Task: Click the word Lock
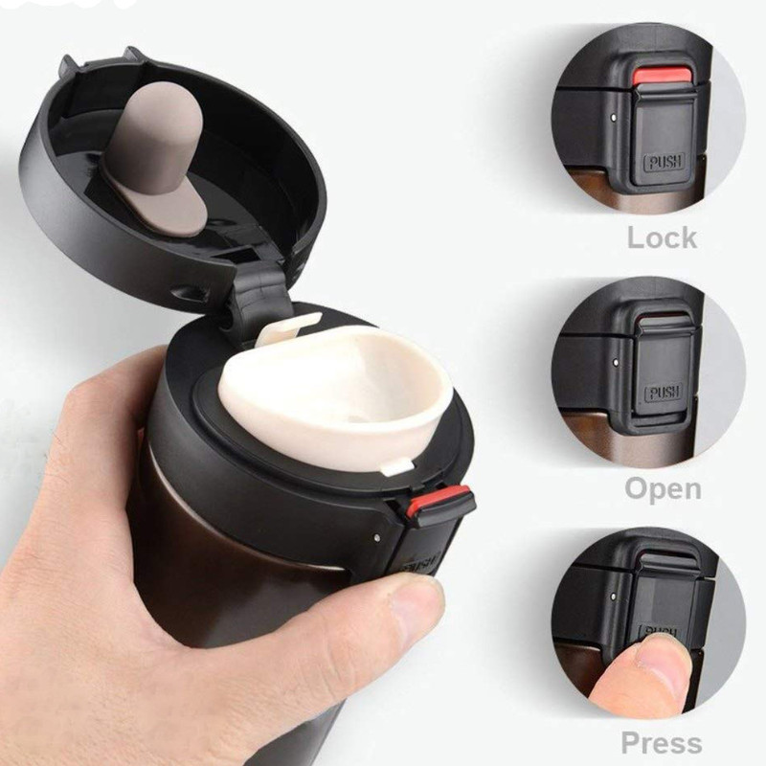point(662,237)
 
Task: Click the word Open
point(663,488)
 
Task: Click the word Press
point(662,743)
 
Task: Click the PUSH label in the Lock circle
point(665,161)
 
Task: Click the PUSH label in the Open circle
point(664,393)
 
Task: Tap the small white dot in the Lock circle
point(614,117)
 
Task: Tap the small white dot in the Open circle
point(615,362)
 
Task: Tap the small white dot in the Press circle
point(614,597)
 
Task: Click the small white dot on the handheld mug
point(376,537)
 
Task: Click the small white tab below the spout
point(394,467)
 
